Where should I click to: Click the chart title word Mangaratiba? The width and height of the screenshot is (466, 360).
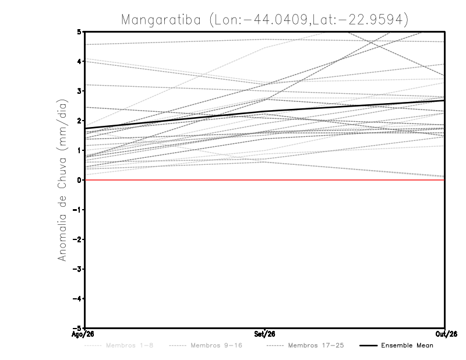[x=161, y=20]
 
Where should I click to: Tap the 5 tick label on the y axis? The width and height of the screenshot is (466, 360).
[x=79, y=31]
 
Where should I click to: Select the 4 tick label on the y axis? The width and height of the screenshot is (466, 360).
[x=79, y=62]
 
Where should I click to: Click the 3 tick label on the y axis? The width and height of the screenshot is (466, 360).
[x=79, y=91]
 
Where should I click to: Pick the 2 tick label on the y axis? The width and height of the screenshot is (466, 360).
[x=79, y=121]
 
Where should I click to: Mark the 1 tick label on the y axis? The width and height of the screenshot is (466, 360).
[x=79, y=150]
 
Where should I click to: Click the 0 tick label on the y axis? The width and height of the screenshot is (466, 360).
[x=79, y=180]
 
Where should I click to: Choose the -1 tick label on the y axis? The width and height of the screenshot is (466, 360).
[x=77, y=210]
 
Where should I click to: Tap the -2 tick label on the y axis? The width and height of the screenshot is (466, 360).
[x=77, y=239]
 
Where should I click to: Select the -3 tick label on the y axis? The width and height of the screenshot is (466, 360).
[x=77, y=269]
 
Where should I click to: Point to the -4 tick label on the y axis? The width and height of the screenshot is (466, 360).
[x=77, y=299]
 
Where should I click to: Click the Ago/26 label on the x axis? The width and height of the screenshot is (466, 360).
[x=83, y=334]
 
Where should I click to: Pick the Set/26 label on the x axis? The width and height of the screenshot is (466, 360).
[x=264, y=334]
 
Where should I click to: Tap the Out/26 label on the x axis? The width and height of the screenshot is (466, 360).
[x=446, y=334]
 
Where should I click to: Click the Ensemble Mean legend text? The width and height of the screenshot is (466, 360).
[x=407, y=345]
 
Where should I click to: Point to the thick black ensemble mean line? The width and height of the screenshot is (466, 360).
[x=264, y=112]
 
